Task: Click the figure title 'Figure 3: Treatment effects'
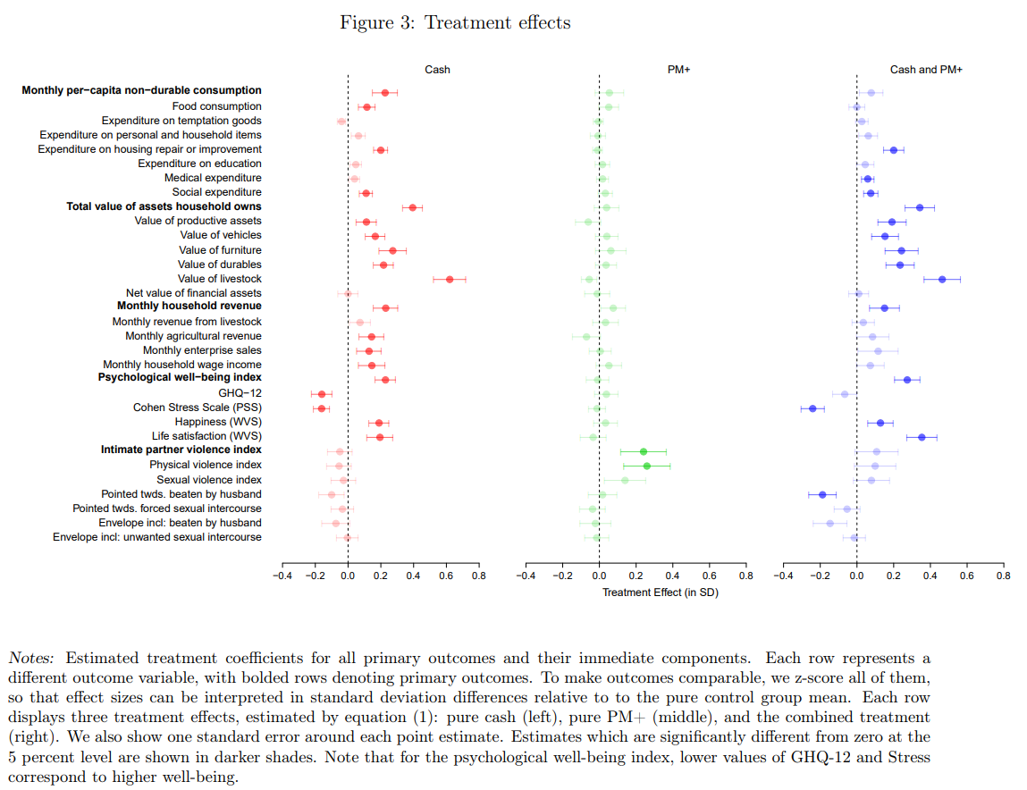(x=455, y=22)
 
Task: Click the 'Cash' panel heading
(x=437, y=70)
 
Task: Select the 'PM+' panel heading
(x=678, y=70)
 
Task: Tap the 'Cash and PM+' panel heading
(x=926, y=70)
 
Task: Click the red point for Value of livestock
(x=450, y=279)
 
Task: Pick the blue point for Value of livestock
(x=942, y=279)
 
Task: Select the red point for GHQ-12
(x=322, y=394)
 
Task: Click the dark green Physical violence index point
(x=647, y=466)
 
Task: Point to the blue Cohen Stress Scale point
(x=812, y=408)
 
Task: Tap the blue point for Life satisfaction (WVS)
(x=922, y=437)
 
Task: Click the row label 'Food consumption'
(x=217, y=106)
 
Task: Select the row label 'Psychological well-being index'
(x=180, y=378)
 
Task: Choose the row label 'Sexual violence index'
(x=209, y=480)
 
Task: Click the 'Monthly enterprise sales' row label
(x=202, y=350)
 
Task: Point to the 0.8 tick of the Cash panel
(x=478, y=576)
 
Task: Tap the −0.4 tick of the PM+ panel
(x=526, y=576)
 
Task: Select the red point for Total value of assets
(x=413, y=207)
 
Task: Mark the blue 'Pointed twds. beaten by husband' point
(x=822, y=494)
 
